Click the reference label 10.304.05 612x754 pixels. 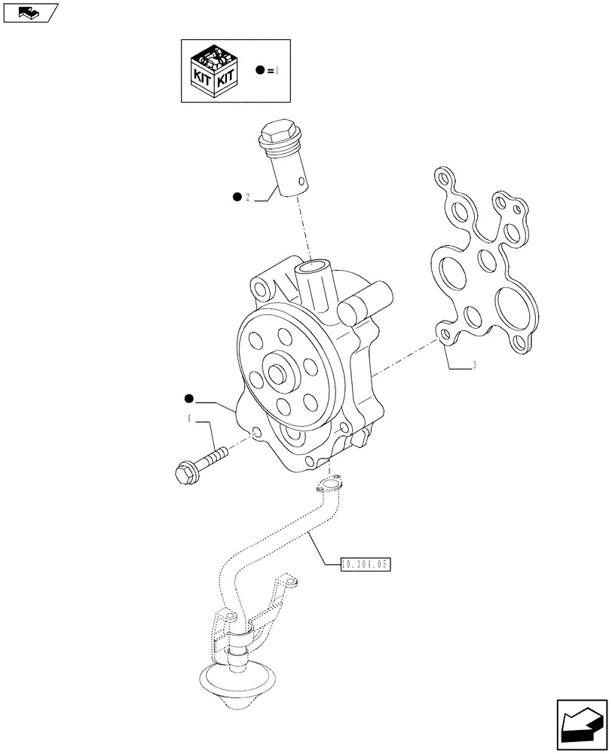367,563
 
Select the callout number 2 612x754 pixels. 246,198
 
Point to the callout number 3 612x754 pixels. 473,366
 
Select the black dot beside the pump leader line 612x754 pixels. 188,397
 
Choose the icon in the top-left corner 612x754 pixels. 29,12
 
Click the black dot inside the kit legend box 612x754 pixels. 261,70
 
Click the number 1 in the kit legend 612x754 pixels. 277,70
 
